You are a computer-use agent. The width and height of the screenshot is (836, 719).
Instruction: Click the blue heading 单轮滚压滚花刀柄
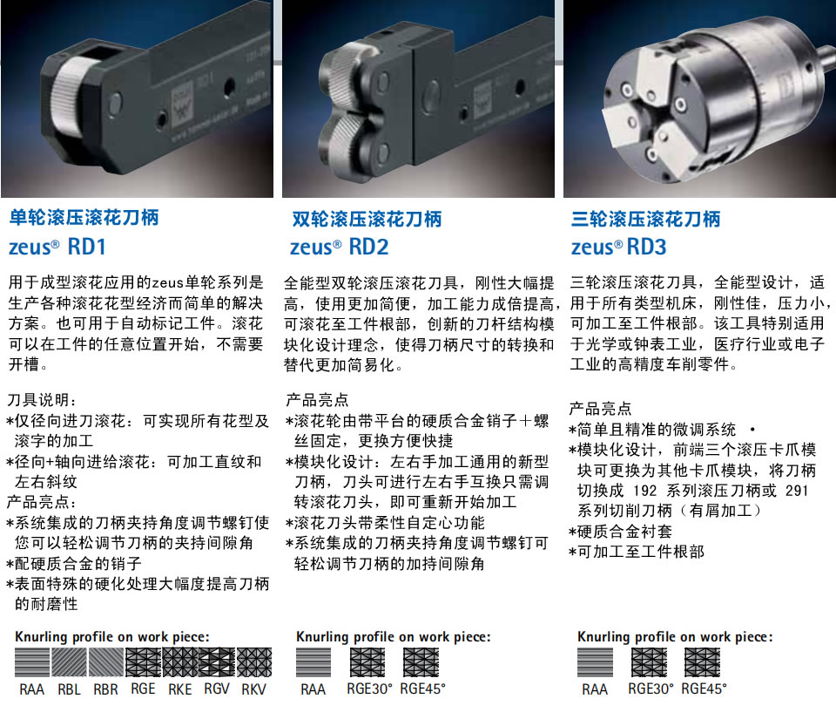click(84, 217)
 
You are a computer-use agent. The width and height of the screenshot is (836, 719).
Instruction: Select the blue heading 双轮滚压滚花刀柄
click(367, 219)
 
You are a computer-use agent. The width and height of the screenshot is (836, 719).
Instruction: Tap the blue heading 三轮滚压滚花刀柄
click(645, 219)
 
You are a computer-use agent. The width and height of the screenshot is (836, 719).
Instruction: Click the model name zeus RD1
click(57, 247)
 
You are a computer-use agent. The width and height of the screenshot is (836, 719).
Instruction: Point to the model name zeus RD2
click(339, 247)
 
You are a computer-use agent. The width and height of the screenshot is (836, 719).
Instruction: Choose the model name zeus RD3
click(619, 247)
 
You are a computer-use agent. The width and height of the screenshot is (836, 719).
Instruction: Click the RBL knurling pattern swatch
click(69, 662)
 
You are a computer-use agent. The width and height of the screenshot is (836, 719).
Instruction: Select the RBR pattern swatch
click(105, 662)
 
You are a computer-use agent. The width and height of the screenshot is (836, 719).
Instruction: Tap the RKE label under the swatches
click(179, 689)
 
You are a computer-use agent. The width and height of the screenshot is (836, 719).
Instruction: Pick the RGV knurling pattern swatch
click(217, 662)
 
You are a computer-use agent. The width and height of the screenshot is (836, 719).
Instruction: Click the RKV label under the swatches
click(253, 689)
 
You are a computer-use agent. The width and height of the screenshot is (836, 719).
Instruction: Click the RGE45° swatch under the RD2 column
click(421, 662)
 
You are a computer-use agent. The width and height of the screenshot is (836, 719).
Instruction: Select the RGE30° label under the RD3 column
click(651, 689)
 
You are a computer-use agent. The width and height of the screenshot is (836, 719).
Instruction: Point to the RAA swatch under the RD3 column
click(595, 662)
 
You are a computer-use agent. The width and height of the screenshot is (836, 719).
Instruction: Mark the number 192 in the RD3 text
click(644, 491)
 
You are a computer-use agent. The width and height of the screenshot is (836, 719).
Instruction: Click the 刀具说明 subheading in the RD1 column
click(42, 399)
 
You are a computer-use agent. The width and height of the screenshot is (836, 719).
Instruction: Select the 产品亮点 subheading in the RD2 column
click(317, 399)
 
